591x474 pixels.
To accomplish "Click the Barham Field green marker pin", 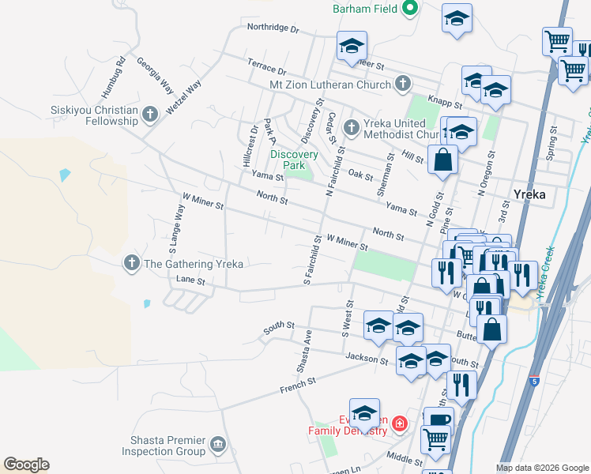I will [x=409, y=9].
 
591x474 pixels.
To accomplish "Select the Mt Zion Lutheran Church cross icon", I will [x=403, y=84].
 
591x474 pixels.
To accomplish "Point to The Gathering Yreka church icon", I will [x=132, y=263].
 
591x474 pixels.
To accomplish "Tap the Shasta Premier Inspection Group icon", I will [x=218, y=446].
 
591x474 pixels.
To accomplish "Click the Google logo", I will [x=26, y=465].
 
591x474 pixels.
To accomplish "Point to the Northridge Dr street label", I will [x=273, y=28].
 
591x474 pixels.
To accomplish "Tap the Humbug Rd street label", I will [x=120, y=72].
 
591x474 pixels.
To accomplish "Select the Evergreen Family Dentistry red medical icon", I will [x=399, y=424].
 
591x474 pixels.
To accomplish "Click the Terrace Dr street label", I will [x=266, y=68].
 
